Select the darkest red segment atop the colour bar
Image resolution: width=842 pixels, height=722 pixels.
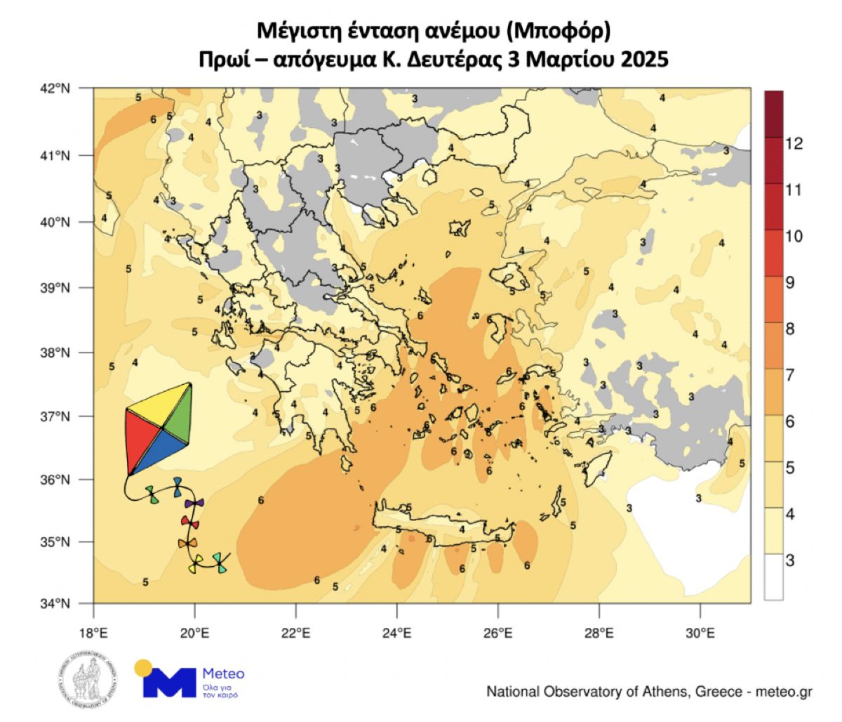(x=773, y=113)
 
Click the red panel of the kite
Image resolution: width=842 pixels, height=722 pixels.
(x=142, y=439)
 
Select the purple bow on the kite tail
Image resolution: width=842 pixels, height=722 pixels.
(x=194, y=504)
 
